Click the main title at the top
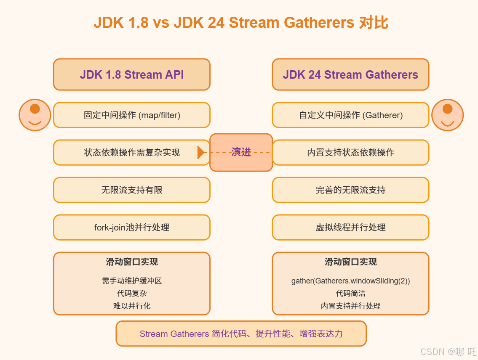(x=240, y=22)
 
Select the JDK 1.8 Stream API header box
(x=131, y=74)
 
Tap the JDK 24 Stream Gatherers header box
(x=350, y=74)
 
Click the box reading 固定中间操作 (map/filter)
(x=131, y=115)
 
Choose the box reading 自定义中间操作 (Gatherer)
(x=350, y=115)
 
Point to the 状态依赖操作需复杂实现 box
(x=131, y=152)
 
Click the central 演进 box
(x=241, y=152)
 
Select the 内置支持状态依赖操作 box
(x=350, y=152)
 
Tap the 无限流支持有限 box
(x=131, y=190)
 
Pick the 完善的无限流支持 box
(x=350, y=190)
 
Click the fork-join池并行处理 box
(x=131, y=228)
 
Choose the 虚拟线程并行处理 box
(x=350, y=228)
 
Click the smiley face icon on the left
(x=35, y=115)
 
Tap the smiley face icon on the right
(x=447, y=115)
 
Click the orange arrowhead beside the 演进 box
(x=201, y=152)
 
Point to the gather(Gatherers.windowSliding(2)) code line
(x=350, y=281)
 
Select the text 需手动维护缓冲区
(x=131, y=281)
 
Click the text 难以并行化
(x=131, y=306)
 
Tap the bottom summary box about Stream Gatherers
(x=241, y=334)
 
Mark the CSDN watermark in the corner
(x=448, y=351)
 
